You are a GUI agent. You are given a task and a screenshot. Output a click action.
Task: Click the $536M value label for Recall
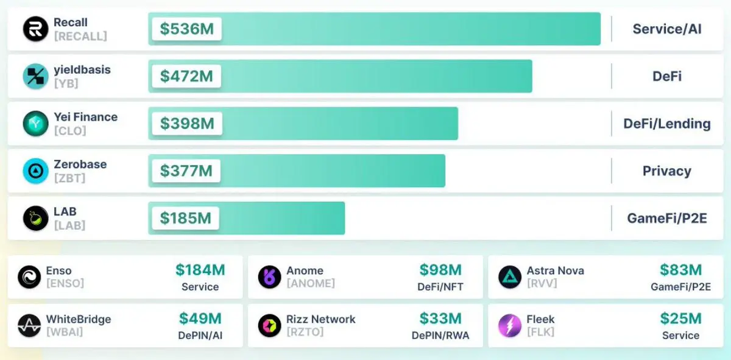[186, 29]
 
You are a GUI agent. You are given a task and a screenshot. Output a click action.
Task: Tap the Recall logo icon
[35, 29]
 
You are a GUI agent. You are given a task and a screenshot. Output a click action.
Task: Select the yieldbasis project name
[82, 69]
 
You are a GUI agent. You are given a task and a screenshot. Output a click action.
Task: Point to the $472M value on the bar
[186, 76]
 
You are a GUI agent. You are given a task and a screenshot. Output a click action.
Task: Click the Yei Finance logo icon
[35, 124]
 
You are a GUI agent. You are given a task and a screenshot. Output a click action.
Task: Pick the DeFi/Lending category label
[666, 124]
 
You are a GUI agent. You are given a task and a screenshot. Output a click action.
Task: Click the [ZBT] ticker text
[69, 178]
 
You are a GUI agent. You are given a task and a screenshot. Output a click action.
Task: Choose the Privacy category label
[666, 171]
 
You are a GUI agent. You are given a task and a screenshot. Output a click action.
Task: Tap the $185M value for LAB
[185, 217]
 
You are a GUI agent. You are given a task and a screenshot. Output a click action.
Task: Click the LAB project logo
[35, 219]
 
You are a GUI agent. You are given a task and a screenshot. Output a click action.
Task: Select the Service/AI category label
[666, 29]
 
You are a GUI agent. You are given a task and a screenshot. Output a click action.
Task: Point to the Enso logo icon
[29, 277]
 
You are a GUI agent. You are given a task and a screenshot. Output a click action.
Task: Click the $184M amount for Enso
[200, 270]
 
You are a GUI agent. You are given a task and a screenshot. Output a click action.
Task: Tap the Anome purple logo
[269, 277]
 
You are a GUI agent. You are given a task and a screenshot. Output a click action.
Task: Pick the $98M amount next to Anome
[440, 270]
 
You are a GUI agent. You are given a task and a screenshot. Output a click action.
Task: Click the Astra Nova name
[555, 270]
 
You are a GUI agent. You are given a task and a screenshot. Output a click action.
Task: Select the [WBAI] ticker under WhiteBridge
[65, 332]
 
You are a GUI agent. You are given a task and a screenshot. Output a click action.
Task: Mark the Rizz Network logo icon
[269, 325]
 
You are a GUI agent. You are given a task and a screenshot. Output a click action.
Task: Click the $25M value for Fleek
[680, 318]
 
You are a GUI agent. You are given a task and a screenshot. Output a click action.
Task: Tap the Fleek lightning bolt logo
[510, 325]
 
